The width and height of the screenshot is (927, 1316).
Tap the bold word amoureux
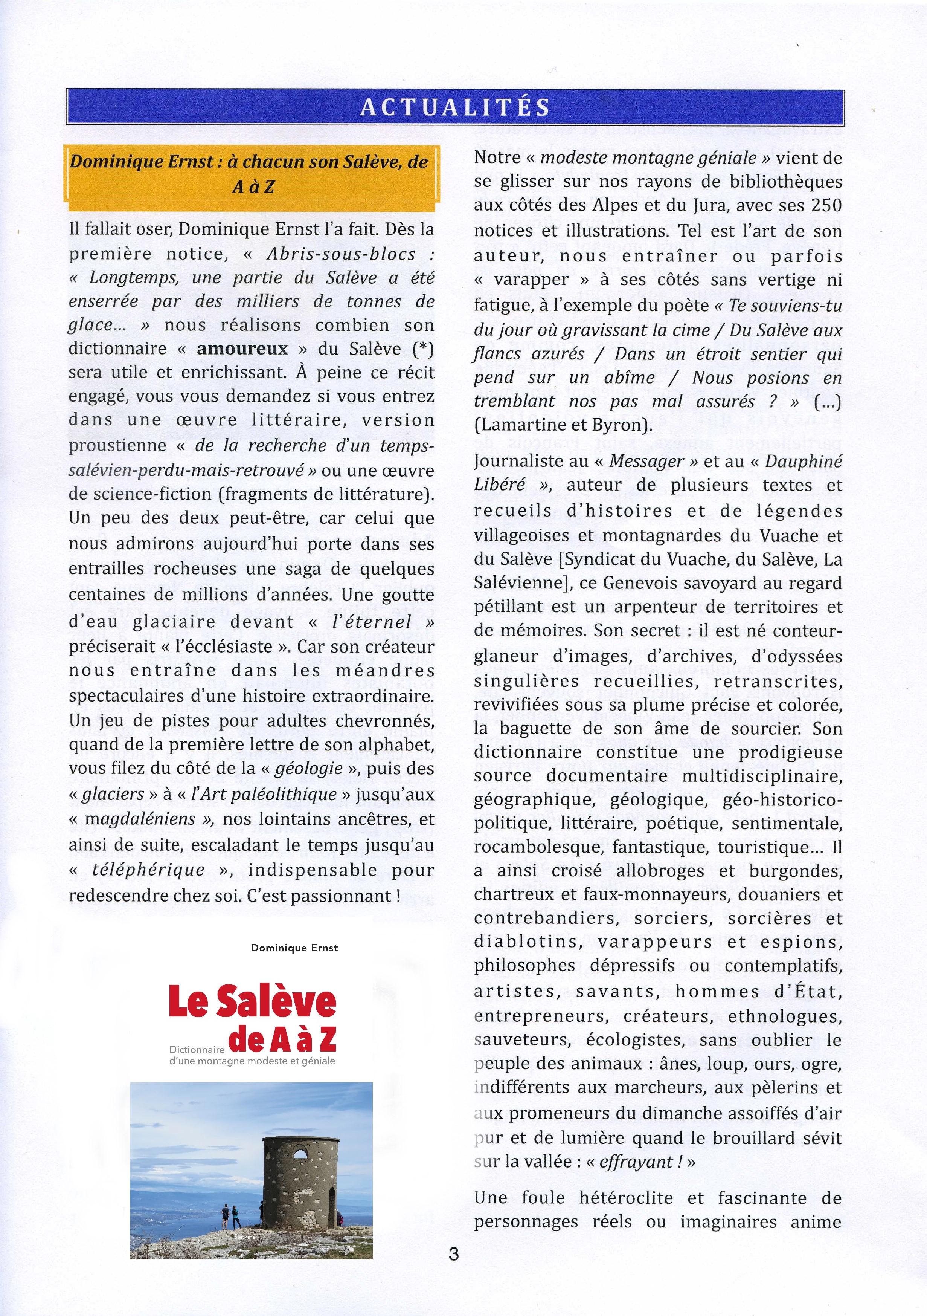coord(242,348)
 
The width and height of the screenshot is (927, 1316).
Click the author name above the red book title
coord(294,948)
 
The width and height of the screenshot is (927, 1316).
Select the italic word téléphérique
coord(165,870)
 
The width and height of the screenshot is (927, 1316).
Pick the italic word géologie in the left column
coord(308,769)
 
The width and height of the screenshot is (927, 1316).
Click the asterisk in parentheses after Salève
coord(423,348)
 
